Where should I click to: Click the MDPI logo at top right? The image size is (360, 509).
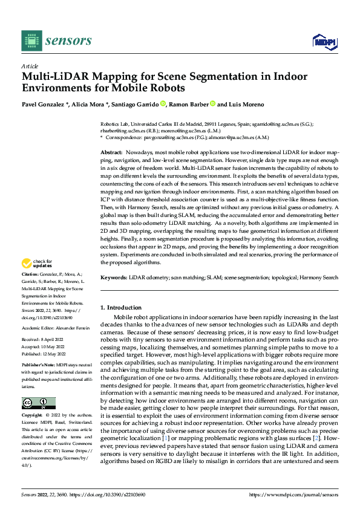(x=324, y=41)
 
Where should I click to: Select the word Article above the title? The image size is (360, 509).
(x=30, y=66)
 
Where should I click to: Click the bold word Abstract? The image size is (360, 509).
(x=111, y=152)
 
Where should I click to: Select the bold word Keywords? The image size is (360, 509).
(x=114, y=277)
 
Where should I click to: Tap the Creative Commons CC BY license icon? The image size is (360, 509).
(x=38, y=403)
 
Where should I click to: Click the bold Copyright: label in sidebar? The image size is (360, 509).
(x=33, y=416)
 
